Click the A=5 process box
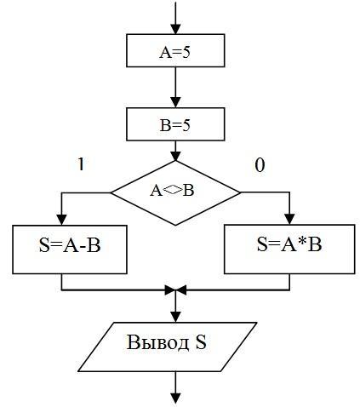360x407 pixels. [x=175, y=51]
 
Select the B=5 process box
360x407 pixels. [x=175, y=124]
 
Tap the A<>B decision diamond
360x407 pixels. [x=175, y=193]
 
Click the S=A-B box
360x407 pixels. [x=70, y=249]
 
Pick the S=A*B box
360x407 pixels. [x=289, y=249]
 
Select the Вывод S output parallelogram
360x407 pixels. [x=168, y=347]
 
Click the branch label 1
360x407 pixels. [x=81, y=164]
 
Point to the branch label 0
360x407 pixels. [x=260, y=165]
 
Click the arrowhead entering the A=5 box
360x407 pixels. [x=175, y=29]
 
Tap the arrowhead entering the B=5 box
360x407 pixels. [x=175, y=102]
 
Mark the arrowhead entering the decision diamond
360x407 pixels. [x=175, y=156]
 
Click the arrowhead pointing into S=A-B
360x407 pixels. [x=61, y=220]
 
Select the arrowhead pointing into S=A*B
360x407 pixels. [x=289, y=220]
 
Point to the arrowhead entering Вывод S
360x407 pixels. [x=175, y=318]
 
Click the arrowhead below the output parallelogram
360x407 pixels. [x=175, y=398]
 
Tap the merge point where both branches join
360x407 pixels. [x=175, y=290]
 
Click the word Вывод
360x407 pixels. [x=157, y=342]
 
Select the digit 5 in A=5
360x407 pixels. [x=186, y=53]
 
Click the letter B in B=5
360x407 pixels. [x=164, y=126]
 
